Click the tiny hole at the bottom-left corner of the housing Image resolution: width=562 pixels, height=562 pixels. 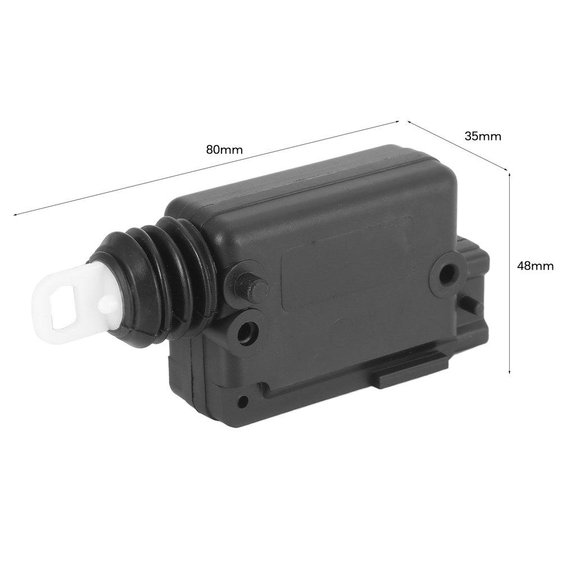tap(243, 401)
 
